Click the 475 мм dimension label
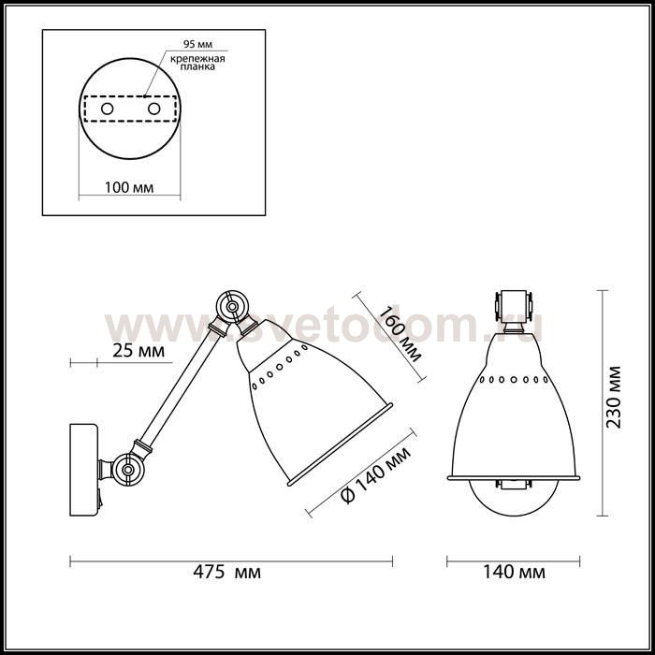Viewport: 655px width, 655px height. click(226, 572)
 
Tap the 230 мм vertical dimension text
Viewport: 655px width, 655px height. click(613, 398)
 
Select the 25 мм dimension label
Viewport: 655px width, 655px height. click(138, 351)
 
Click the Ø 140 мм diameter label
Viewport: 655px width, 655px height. click(375, 475)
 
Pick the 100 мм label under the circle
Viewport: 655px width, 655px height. click(129, 187)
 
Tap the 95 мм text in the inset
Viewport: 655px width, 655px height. click(197, 44)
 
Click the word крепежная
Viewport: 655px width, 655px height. click(197, 59)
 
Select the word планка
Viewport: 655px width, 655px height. click(197, 66)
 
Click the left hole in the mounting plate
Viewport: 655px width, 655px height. click(107, 109)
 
